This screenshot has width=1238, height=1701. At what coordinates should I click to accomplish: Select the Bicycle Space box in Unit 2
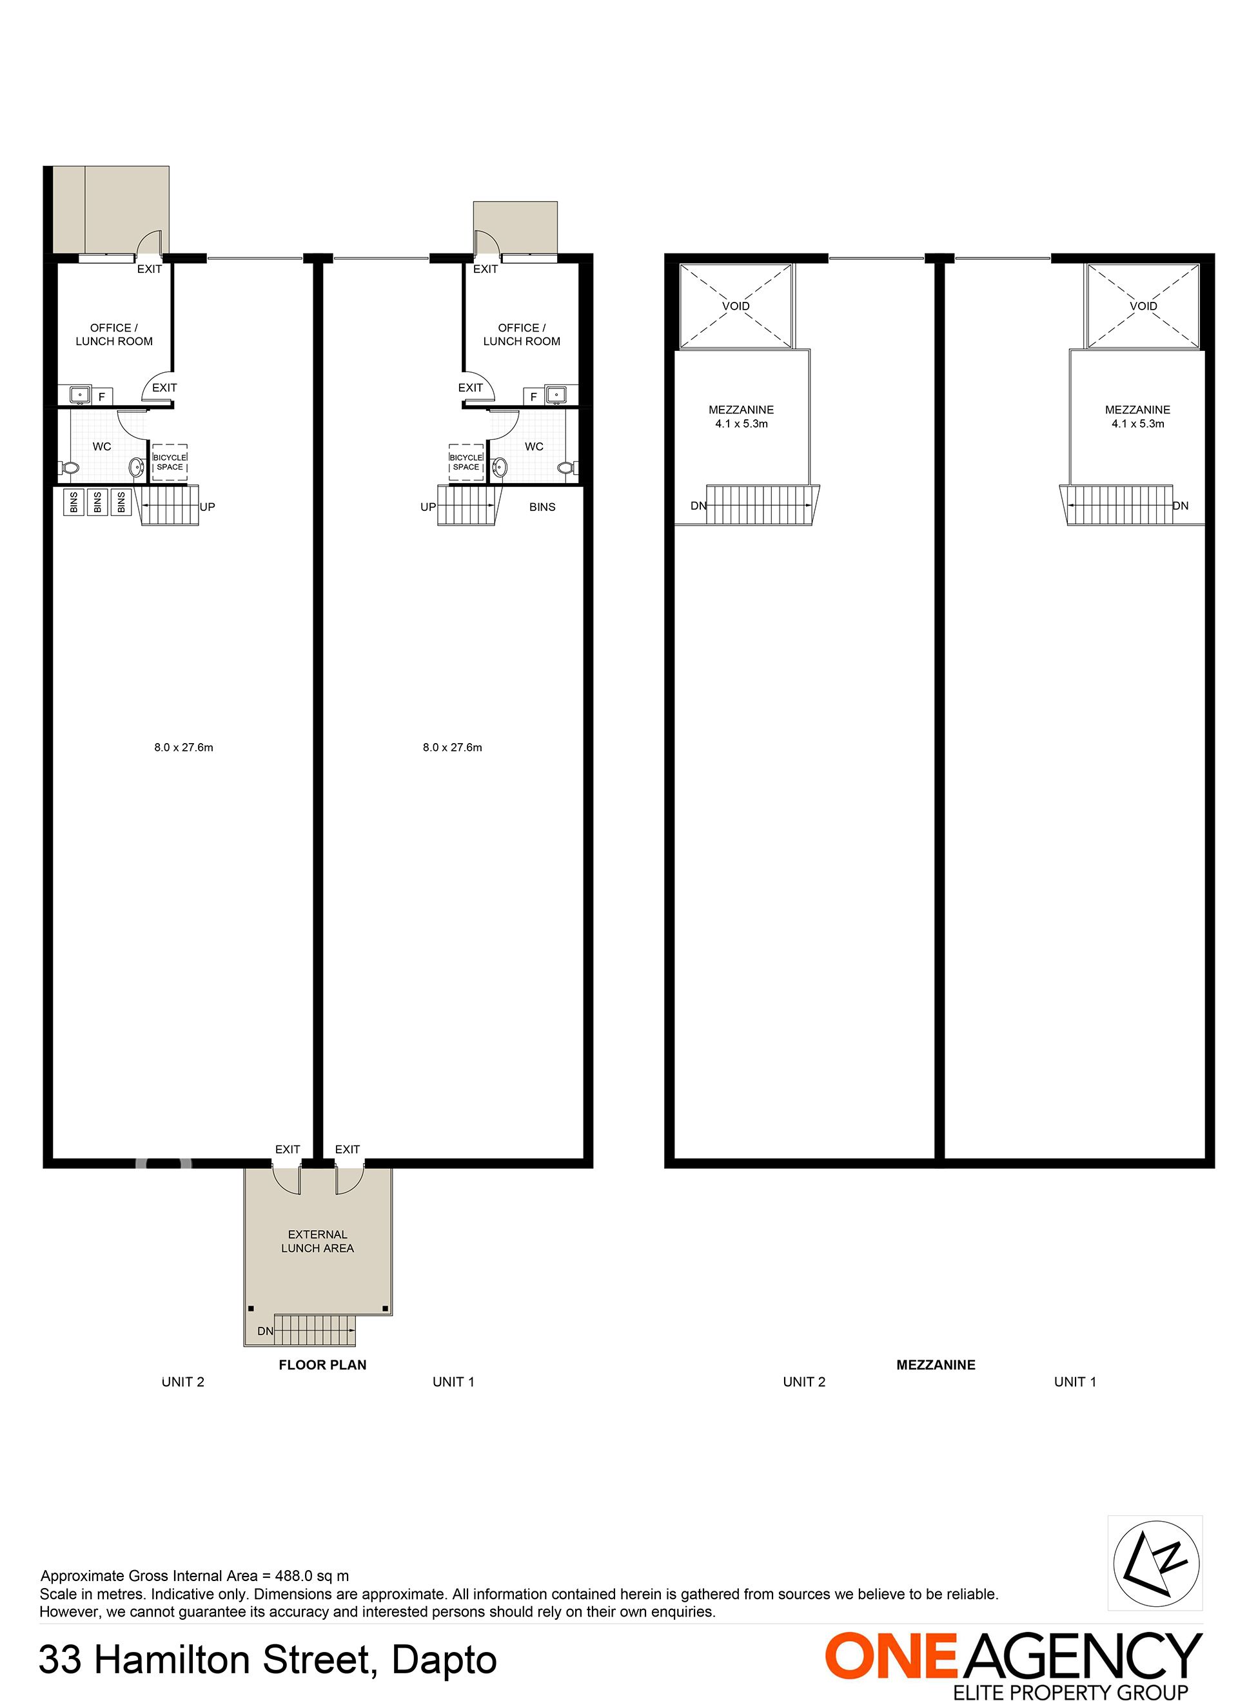(x=170, y=462)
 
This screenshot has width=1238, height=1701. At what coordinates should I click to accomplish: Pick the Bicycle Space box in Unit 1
(x=466, y=462)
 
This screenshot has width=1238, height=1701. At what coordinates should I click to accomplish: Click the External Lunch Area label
(x=317, y=1241)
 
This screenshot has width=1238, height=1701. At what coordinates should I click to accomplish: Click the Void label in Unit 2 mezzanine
(x=736, y=306)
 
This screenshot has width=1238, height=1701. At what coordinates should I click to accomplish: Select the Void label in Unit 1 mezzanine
(x=1143, y=306)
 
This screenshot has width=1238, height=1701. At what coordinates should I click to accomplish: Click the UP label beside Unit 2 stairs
(x=208, y=507)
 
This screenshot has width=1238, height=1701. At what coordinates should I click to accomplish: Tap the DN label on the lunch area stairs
(x=266, y=1331)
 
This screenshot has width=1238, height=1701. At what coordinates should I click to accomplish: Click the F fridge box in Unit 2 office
(x=102, y=396)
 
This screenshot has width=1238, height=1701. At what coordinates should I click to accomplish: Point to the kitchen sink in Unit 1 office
(x=556, y=395)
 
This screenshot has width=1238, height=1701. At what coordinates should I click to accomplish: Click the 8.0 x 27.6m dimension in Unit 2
(x=184, y=747)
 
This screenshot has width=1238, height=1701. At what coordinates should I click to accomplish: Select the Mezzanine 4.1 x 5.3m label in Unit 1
(x=1137, y=416)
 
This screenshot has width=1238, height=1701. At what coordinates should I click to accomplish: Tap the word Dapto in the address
(x=445, y=1660)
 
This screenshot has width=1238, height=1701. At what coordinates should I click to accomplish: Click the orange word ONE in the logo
(x=892, y=1655)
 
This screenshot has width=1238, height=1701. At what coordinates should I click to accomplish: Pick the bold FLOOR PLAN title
(x=322, y=1365)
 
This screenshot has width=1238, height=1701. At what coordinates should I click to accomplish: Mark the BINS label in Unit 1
(x=542, y=507)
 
